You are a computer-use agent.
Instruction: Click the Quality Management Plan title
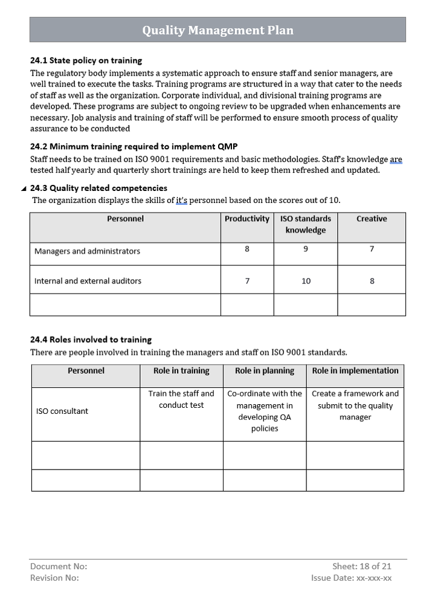[217, 30]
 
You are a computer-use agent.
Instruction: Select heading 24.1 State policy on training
[86, 60]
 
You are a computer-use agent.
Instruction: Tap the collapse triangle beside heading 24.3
[23, 188]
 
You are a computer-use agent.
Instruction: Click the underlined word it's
[182, 200]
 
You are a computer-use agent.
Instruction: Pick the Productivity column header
[246, 219]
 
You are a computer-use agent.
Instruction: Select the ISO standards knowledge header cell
[306, 224]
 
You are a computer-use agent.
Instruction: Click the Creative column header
[372, 219]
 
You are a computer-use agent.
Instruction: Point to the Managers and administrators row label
[87, 251]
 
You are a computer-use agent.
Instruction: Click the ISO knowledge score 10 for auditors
[306, 281]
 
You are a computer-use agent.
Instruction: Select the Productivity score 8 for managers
[246, 248]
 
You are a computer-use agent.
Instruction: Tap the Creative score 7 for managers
[372, 248]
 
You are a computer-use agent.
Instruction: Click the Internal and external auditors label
[88, 281]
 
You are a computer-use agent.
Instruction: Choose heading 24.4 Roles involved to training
[91, 340]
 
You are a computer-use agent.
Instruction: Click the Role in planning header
[265, 370]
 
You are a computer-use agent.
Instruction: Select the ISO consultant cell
[62, 411]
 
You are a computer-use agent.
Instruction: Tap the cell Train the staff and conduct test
[181, 399]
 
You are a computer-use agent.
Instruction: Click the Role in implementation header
[355, 370]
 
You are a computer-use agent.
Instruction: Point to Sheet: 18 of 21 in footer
[361, 566]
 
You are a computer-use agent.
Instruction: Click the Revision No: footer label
[54, 578]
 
